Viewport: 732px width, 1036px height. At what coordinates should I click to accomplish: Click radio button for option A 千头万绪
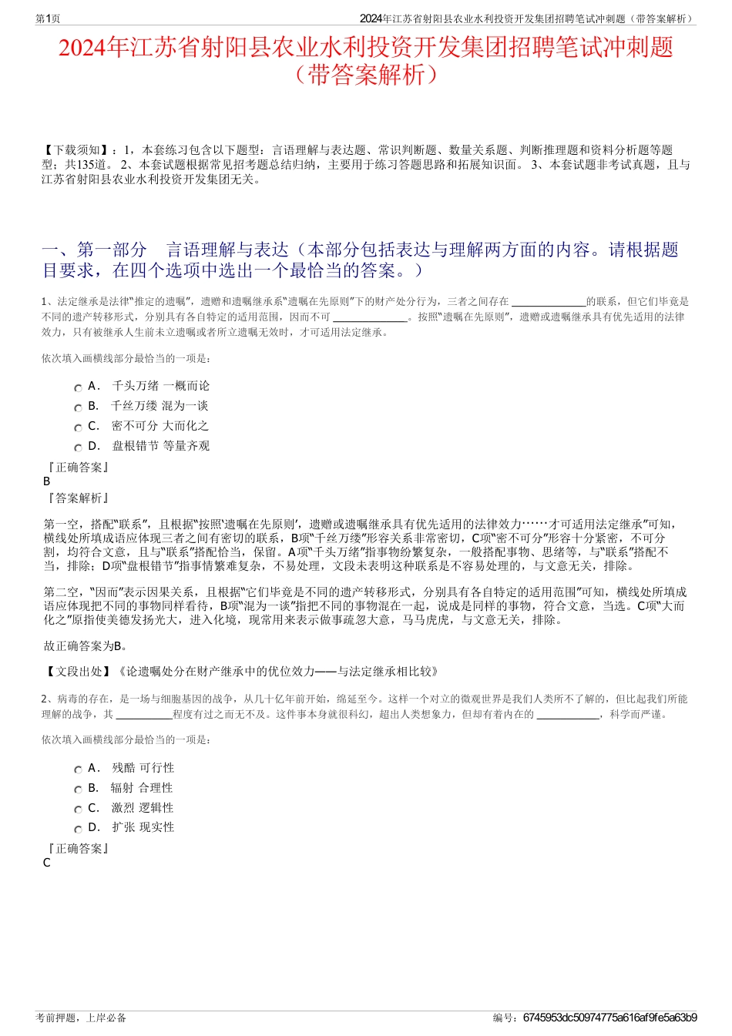[78, 387]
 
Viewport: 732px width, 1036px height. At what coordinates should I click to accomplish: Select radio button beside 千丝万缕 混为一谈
[78, 407]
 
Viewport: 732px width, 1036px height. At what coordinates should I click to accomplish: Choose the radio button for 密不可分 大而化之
[78, 427]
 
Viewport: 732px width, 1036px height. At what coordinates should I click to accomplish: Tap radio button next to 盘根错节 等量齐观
[78, 448]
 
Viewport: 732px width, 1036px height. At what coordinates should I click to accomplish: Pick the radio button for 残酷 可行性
[78, 769]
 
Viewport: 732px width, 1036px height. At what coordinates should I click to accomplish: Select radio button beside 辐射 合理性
[78, 790]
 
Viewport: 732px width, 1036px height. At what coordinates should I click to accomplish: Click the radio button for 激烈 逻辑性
[78, 810]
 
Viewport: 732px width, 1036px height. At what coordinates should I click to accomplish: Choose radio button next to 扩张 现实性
[78, 829]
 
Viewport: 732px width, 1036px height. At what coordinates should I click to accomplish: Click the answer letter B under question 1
[47, 481]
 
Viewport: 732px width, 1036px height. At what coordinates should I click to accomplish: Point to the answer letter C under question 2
[47, 863]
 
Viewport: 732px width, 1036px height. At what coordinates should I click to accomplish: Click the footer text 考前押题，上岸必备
[81, 1018]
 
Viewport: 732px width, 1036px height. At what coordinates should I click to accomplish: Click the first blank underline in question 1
[549, 302]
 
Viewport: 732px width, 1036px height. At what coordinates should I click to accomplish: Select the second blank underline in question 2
[567, 715]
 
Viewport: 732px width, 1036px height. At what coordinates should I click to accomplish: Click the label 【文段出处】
[79, 672]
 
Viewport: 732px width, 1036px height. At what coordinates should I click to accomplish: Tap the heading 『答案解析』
[78, 498]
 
